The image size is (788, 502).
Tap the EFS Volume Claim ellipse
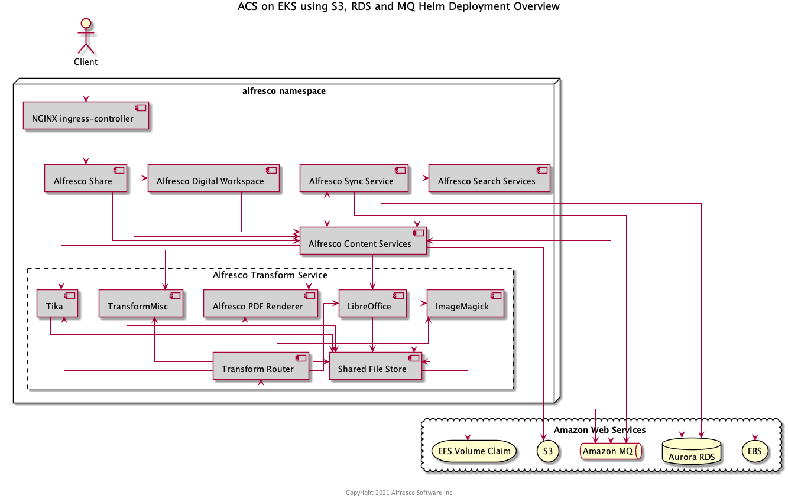pyautogui.click(x=474, y=451)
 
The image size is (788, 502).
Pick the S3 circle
pyautogui.click(x=548, y=451)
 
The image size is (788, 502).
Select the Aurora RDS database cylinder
pyautogui.click(x=692, y=451)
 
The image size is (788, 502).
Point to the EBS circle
pyautogui.click(x=755, y=451)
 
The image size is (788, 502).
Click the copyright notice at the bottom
pyautogui.click(x=398, y=493)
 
